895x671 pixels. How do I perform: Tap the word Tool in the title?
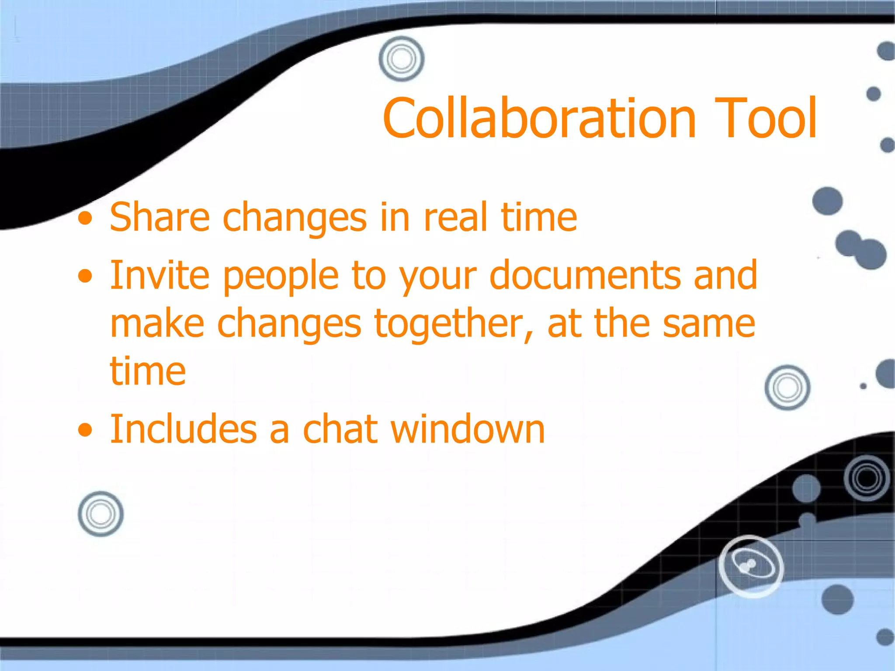point(766,119)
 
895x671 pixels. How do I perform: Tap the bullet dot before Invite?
point(86,276)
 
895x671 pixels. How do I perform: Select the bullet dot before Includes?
point(86,430)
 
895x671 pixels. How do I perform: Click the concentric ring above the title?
point(402,59)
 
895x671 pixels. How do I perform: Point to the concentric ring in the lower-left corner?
point(101,514)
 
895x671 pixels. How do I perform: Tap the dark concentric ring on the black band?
point(867,478)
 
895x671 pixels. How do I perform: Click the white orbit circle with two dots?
point(751,566)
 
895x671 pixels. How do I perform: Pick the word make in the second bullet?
point(157,324)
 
